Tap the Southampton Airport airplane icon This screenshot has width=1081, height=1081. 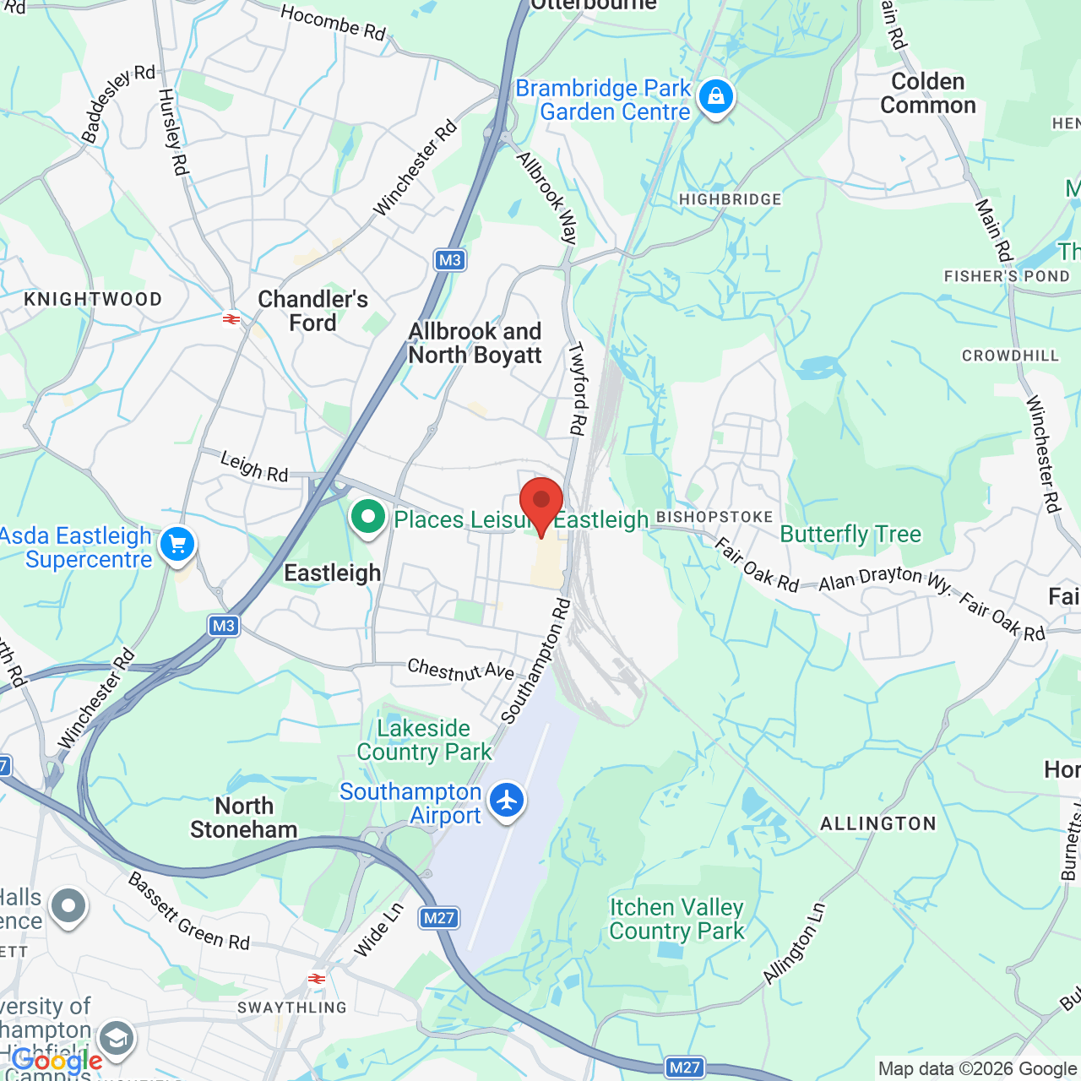coord(507,799)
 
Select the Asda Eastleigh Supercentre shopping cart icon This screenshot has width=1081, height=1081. coord(177,545)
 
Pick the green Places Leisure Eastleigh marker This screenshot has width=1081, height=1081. coord(367,517)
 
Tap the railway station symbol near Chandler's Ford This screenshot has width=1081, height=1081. coord(231,319)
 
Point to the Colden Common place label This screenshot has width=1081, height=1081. coord(927,94)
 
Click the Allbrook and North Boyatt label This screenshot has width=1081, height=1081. coord(475,344)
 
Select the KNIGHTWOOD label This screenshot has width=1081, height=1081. coord(93,300)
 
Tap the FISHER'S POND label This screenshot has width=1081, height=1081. coord(1007,276)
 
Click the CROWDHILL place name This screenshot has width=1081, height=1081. coord(1010,356)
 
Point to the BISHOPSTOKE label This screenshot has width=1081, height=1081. coord(714,517)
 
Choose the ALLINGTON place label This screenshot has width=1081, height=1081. coord(878,823)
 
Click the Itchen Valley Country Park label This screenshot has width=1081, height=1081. coord(676,919)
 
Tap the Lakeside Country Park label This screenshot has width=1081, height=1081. coord(424,740)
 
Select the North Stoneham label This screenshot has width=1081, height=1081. coord(243,818)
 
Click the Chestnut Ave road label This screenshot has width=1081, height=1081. coord(461,671)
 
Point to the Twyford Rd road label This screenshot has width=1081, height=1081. coord(577,388)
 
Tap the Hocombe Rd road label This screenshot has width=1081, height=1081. coord(333,23)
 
